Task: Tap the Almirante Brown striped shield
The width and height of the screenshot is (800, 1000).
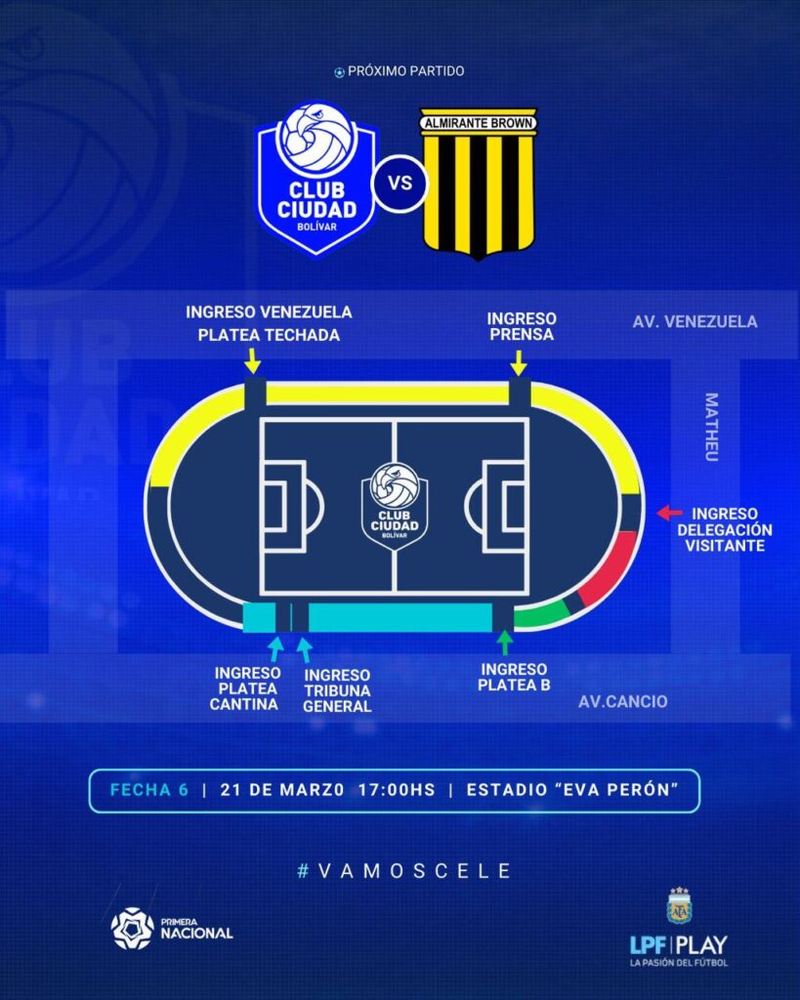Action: (x=479, y=183)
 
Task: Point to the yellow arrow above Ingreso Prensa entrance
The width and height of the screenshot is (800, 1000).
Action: (x=519, y=363)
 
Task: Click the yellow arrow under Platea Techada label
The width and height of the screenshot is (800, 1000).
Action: (x=253, y=362)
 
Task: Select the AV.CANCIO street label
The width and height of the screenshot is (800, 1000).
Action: (x=623, y=701)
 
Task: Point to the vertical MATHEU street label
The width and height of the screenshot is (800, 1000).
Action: (x=711, y=427)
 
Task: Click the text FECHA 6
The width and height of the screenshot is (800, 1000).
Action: (x=148, y=790)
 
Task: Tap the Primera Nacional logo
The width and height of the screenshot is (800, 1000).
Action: (x=172, y=928)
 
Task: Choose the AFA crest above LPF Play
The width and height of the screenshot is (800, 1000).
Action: (x=678, y=905)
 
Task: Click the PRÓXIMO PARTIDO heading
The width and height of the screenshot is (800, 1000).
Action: (x=400, y=71)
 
